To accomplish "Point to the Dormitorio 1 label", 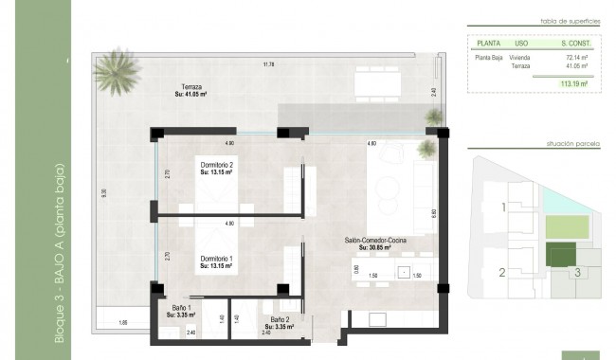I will pyautogui.click(x=217, y=261).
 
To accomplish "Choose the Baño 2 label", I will pyautogui.click(x=280, y=322).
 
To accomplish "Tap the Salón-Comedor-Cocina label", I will pyautogui.click(x=376, y=244).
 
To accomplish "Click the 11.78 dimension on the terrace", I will pyautogui.click(x=269, y=64).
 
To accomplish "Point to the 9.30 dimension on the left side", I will pyautogui.click(x=104, y=192).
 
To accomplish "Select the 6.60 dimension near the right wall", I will pyautogui.click(x=433, y=213).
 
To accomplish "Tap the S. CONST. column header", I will pyautogui.click(x=575, y=43).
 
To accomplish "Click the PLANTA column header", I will pyautogui.click(x=489, y=43).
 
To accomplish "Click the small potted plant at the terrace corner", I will pyautogui.click(x=434, y=117).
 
